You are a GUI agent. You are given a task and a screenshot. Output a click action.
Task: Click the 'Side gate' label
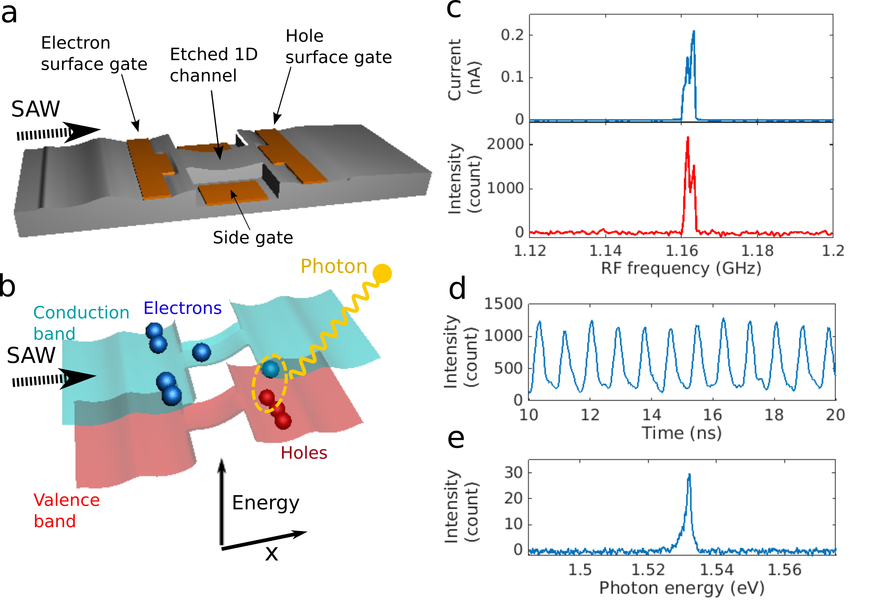253,238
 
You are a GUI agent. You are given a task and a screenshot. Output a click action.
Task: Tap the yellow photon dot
382,273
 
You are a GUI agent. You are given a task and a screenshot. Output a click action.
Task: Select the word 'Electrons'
182,308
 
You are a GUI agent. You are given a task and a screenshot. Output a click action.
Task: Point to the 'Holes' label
304,452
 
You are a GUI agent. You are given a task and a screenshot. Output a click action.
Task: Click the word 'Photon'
334,266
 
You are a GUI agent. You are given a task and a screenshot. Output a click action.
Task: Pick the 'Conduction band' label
81,323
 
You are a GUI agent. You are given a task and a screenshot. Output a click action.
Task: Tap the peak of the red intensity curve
688,137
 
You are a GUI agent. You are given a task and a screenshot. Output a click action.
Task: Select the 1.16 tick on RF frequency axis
681,251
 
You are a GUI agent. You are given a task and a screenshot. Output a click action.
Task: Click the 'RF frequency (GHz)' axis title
681,268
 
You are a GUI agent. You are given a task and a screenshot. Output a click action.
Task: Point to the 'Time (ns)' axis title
681,433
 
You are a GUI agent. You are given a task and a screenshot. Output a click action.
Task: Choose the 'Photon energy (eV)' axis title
681,588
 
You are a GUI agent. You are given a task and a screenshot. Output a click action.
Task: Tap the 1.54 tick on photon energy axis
716,570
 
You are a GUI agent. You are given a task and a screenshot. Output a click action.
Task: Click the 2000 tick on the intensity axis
505,144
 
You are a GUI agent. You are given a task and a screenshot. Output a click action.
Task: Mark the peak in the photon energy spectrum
689,474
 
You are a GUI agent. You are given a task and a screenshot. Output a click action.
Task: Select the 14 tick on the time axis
651,415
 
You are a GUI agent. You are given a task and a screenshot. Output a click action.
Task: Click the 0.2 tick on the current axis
512,35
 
